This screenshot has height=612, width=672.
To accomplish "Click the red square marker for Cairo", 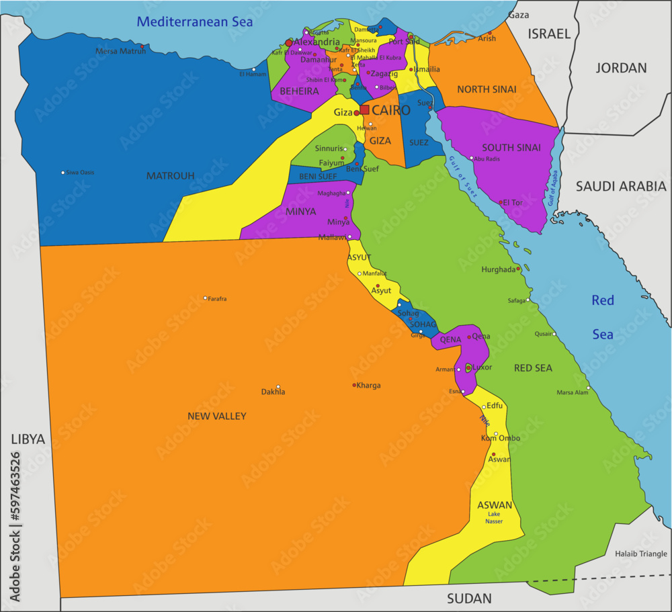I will click(x=364, y=110).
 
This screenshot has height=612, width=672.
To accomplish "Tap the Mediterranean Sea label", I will click(x=195, y=21).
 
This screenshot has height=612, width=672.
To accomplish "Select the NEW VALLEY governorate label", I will click(x=216, y=417).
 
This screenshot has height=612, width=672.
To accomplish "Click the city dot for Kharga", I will click(x=355, y=385).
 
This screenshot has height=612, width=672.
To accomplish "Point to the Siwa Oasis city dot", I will click(x=63, y=173).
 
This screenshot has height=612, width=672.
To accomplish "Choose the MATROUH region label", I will click(x=170, y=176).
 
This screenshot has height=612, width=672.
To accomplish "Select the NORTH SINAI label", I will click(x=487, y=89).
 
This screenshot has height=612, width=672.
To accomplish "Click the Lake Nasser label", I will click(x=494, y=518).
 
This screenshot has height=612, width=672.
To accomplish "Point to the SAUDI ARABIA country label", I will click(x=620, y=186).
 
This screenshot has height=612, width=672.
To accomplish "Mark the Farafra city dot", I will click(x=206, y=298).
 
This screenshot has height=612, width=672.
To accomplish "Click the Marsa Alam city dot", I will click(x=588, y=388).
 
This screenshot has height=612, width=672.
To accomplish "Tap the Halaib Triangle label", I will click(x=640, y=554).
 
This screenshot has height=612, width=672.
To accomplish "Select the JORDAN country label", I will click(x=621, y=68).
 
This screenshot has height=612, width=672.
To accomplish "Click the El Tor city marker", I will click(x=501, y=202).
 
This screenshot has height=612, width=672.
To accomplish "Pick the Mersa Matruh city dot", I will click(x=142, y=46).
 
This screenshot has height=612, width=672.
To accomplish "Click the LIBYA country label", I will click(x=28, y=439).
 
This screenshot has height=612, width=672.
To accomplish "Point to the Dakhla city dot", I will click(x=278, y=387).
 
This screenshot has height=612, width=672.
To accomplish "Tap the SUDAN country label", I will click(x=469, y=598).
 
